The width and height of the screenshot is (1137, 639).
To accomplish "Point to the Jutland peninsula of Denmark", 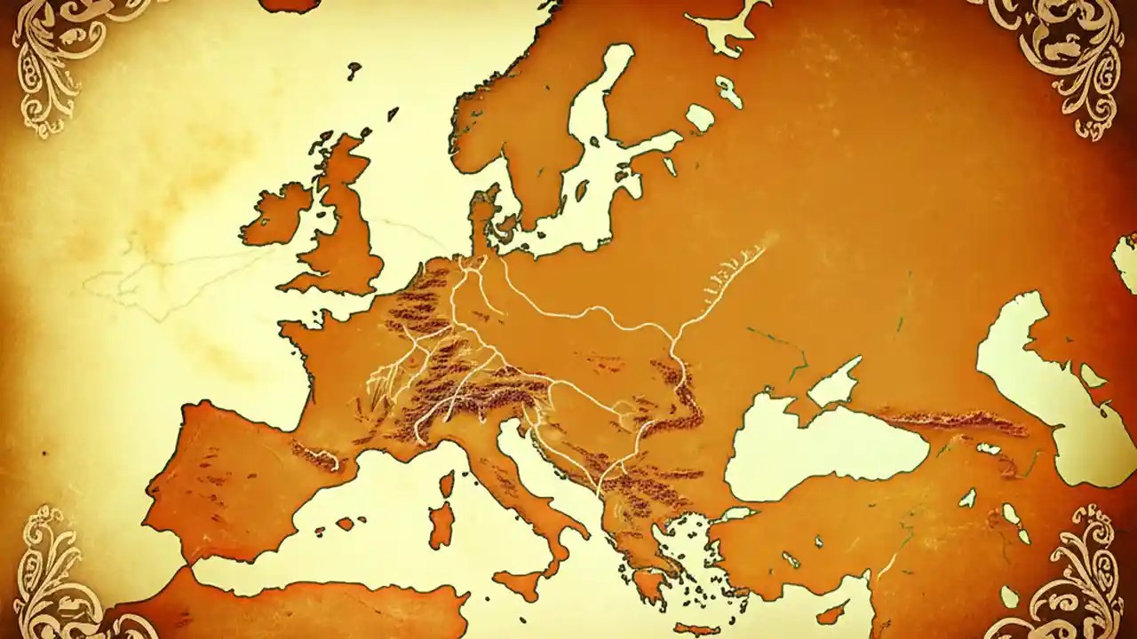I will click(484, 217).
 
